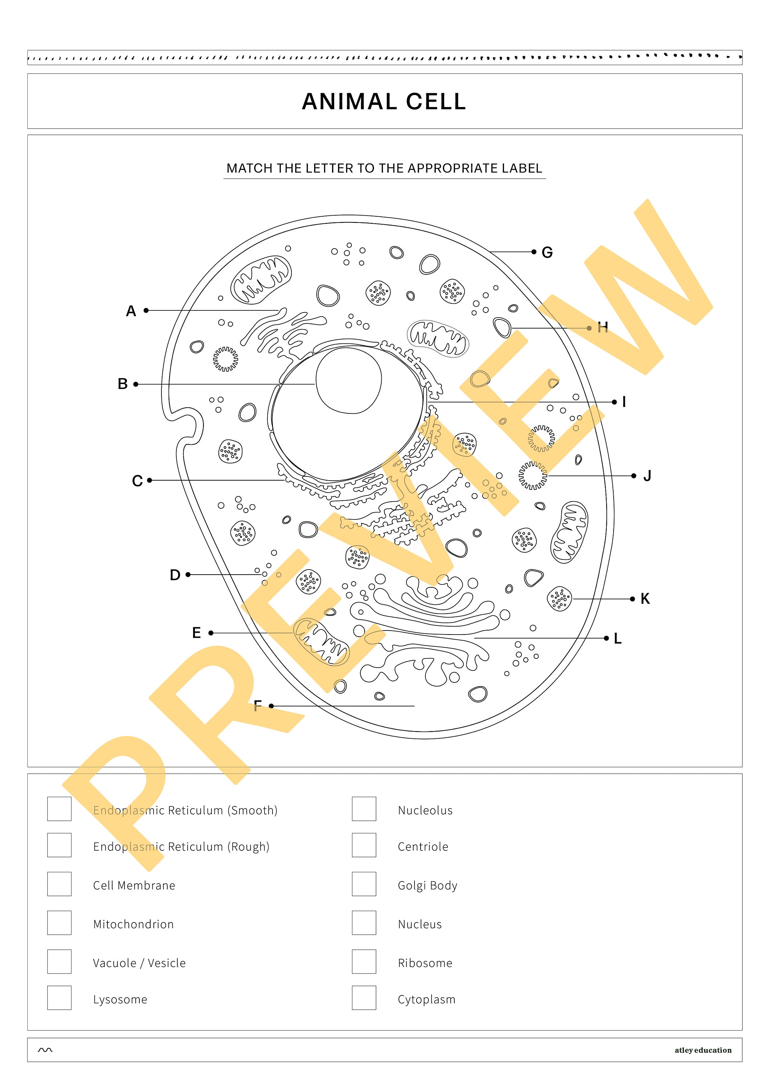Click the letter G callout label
coord(547,252)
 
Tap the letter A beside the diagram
coord(131,311)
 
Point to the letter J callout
coord(647,476)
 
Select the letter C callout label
coord(137,481)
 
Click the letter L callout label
coord(617,639)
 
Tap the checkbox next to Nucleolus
coord(364,809)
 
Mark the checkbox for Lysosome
coord(59,998)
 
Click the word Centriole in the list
coord(422,847)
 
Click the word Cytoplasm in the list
coord(426,999)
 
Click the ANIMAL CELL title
coord(384,102)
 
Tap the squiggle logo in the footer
coord(45,1050)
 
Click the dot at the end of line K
coord(632,599)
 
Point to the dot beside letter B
coord(136,384)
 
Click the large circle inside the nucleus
coord(348,380)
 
